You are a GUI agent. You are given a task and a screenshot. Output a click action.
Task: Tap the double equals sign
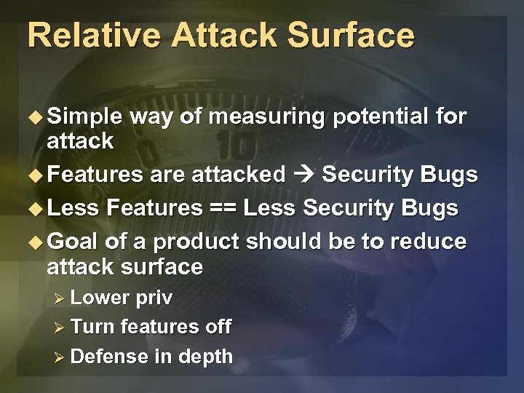[223, 208]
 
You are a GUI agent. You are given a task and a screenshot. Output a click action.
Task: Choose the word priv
[153, 298]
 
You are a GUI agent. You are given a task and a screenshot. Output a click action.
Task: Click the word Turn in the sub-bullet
[93, 327]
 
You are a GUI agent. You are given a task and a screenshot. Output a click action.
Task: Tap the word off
[218, 327]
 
